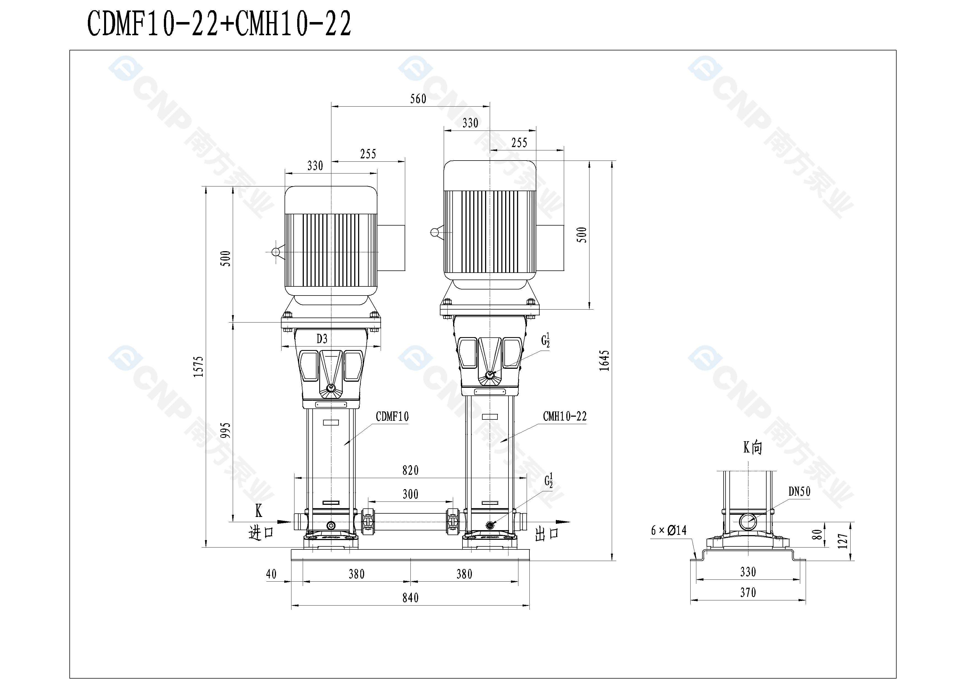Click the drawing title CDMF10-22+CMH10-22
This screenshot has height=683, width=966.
point(219,24)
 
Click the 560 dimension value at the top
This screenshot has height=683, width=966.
point(418,99)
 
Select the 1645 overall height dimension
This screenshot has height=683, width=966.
point(604,361)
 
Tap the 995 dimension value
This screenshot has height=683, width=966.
point(226,430)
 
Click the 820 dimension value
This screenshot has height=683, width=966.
point(410,470)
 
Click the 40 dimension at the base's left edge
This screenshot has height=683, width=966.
point(271,574)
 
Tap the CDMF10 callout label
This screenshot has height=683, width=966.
point(392,416)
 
